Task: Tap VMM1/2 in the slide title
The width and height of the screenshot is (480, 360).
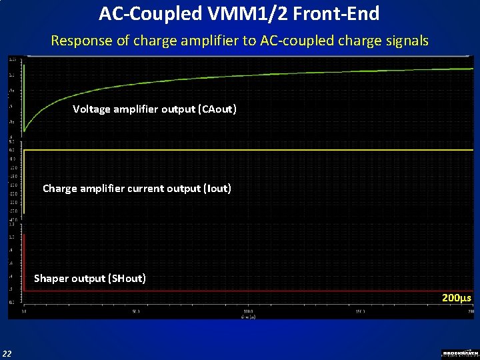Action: [264, 13]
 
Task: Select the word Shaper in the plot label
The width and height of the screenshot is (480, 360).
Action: [51, 278]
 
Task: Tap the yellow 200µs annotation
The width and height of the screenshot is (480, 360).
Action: [457, 297]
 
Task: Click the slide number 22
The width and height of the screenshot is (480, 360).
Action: [7, 353]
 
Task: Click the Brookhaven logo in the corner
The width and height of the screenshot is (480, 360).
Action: [460, 353]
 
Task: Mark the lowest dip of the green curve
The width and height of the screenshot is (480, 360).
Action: [25, 131]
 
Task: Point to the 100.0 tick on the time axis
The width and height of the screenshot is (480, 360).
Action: [248, 311]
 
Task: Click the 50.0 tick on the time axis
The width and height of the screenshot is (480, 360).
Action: [136, 311]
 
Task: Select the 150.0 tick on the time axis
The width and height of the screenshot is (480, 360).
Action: [360, 311]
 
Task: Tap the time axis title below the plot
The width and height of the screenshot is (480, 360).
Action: [248, 316]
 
